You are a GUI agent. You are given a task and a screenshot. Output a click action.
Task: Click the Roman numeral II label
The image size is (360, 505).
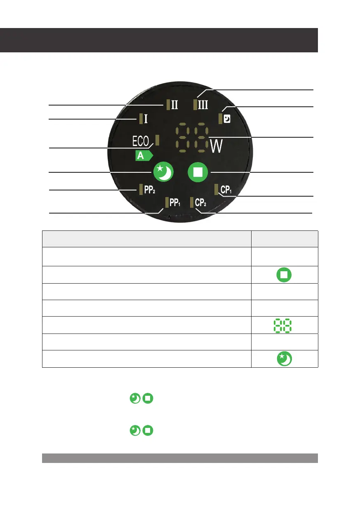(x=175, y=105)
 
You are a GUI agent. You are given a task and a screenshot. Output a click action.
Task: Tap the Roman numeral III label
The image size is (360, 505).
(x=203, y=104)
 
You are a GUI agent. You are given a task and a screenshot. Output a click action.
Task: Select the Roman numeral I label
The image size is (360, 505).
(x=146, y=119)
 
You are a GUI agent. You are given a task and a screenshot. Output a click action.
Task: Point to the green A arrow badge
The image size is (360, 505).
(x=144, y=155)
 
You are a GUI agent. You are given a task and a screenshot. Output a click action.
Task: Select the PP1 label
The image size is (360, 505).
(x=175, y=203)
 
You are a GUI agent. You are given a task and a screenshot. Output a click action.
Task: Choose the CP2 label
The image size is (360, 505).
(x=201, y=203)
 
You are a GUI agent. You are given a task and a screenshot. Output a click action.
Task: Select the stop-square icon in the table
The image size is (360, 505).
(x=285, y=274)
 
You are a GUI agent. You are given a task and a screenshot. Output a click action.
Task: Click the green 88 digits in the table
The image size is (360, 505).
(x=285, y=325)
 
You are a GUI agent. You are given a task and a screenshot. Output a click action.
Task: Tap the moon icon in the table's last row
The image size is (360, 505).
(x=285, y=359)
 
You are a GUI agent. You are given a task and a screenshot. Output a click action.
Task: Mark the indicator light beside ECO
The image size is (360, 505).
(x=158, y=140)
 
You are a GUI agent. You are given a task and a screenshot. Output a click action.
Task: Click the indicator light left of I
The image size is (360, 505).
(x=141, y=119)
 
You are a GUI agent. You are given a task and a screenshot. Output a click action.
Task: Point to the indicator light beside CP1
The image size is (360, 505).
(x=217, y=189)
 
